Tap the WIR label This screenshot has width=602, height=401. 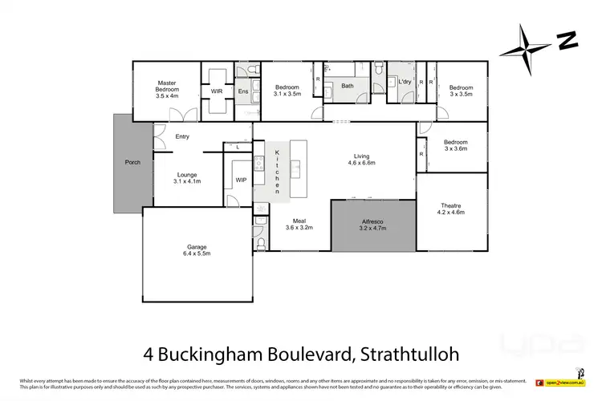tap(217, 91)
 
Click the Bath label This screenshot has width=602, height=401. tap(348, 86)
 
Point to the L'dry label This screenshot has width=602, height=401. tap(404, 82)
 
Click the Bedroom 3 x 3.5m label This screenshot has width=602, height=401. tap(461, 91)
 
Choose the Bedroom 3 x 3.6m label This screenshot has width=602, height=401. tap(455, 145)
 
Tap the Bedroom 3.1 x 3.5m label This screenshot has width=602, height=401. tap(287, 91)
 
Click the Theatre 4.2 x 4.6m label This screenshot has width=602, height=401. tap(450, 210)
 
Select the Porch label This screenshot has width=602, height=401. tap(132, 163)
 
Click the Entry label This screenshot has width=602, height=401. tap(182, 136)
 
